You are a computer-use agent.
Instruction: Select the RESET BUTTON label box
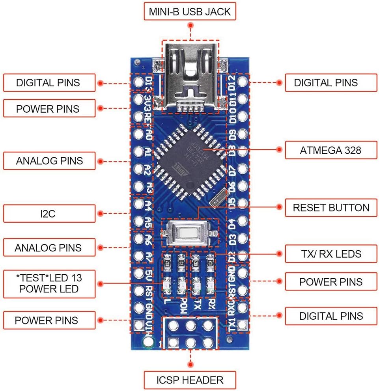(x=331, y=208)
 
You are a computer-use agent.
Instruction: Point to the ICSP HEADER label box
(x=190, y=380)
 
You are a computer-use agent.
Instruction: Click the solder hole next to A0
(x=138, y=135)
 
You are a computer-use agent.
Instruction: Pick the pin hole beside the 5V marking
(x=138, y=273)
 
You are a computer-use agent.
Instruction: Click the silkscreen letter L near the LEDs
(x=167, y=303)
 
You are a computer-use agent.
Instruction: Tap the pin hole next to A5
(x=138, y=221)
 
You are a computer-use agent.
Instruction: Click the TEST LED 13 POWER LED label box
(x=49, y=283)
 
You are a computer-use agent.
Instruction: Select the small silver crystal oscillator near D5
(x=219, y=202)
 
